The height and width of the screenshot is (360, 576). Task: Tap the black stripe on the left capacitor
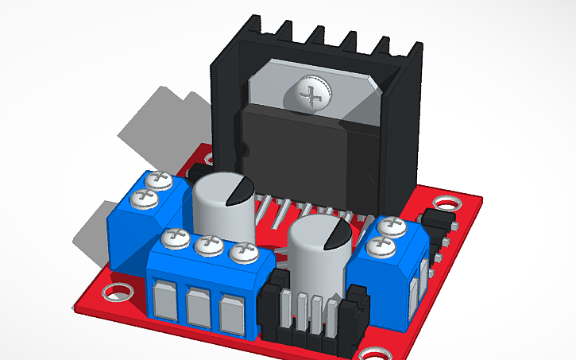pyautogui.click(x=239, y=192)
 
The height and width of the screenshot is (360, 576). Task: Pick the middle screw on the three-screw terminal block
pyautogui.click(x=209, y=245)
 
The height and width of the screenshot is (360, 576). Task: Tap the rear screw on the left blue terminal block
pyautogui.click(x=162, y=180)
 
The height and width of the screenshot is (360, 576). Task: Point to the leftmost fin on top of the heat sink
pyautogui.click(x=256, y=25)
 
